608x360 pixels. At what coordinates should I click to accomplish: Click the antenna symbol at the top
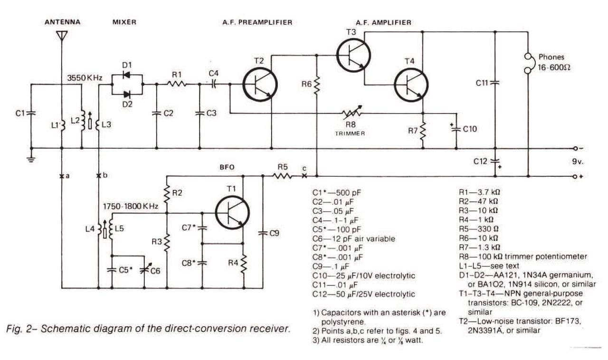tap(62, 36)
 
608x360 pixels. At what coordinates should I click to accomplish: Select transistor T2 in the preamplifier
tap(260, 85)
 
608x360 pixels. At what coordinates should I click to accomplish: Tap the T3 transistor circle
tap(354, 55)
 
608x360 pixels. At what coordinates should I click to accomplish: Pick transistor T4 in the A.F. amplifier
tap(411, 85)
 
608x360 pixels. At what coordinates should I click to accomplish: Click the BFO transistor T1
tap(232, 213)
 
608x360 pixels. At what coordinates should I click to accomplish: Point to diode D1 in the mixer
tap(126, 75)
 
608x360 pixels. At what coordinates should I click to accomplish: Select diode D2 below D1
tap(126, 95)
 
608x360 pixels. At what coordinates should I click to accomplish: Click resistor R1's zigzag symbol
tap(177, 84)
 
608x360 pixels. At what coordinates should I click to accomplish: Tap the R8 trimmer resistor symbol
tap(351, 113)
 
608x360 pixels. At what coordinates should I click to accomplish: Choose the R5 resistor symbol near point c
tap(282, 176)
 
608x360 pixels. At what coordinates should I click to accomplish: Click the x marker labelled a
tap(62, 176)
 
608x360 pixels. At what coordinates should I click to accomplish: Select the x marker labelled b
tap(99, 176)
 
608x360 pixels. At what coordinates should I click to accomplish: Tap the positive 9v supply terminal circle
tap(575, 177)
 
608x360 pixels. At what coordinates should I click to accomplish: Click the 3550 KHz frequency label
tap(85, 78)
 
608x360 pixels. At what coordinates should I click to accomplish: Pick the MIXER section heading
tap(124, 22)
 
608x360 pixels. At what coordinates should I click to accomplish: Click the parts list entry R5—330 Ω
tap(479, 229)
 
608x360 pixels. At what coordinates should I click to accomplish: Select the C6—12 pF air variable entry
tap(354, 238)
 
